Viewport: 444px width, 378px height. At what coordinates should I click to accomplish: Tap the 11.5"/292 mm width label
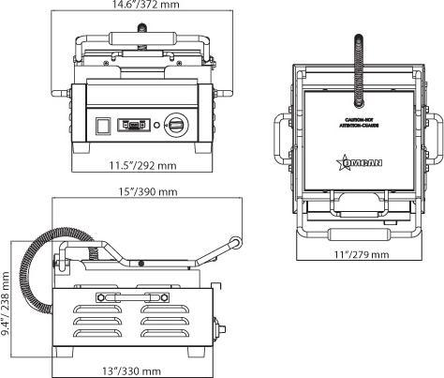[x=143, y=166]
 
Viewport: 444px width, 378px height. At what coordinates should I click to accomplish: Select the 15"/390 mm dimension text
[x=142, y=192]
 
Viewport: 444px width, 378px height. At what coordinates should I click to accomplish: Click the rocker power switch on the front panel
[x=100, y=123]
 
